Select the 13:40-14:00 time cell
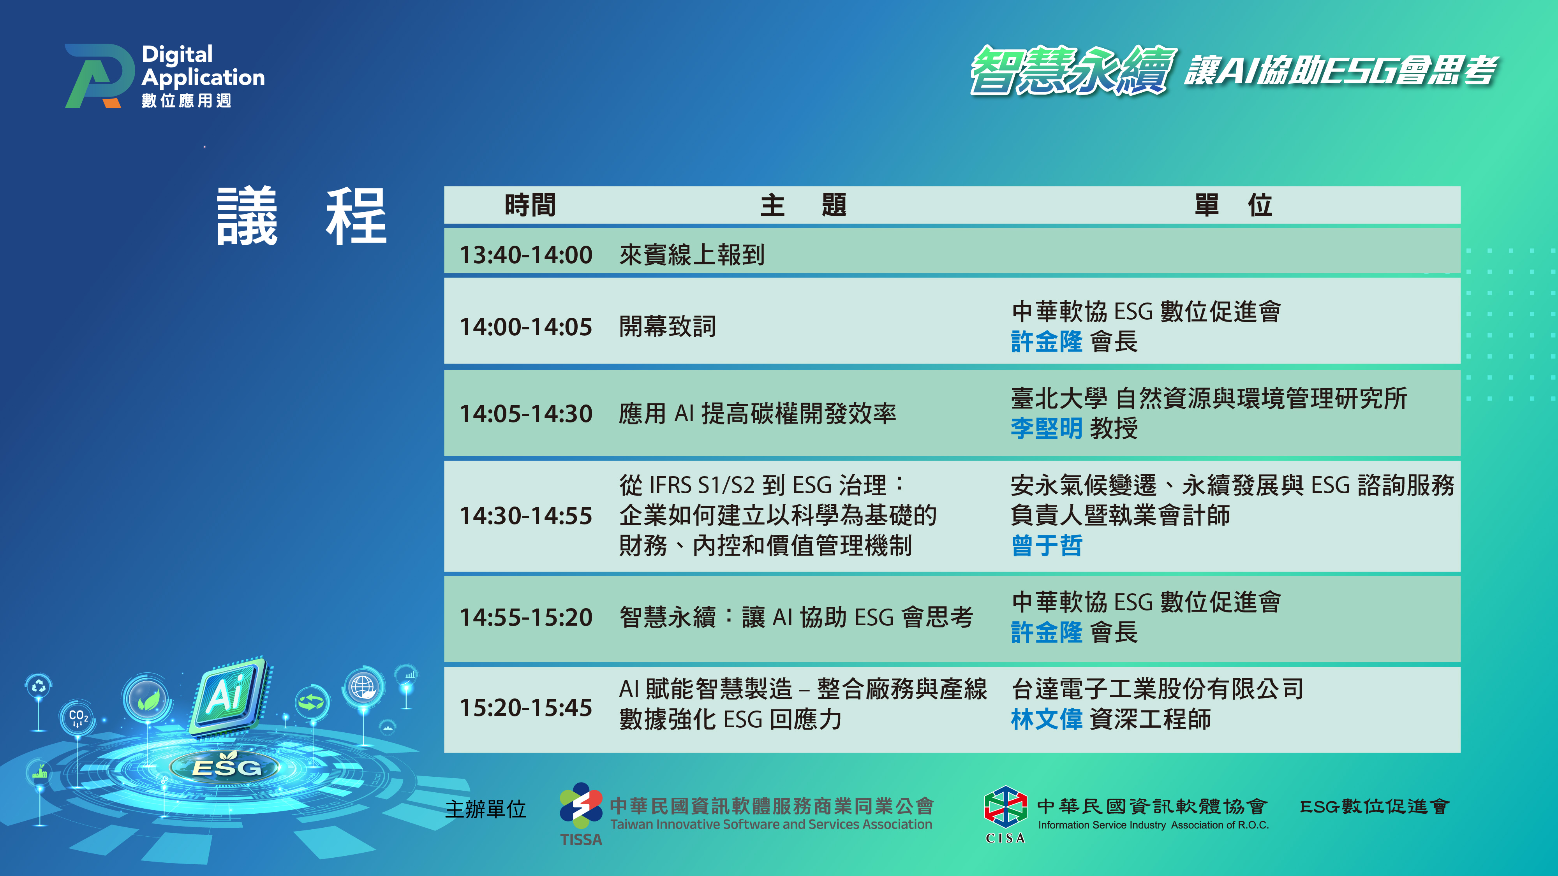(x=525, y=255)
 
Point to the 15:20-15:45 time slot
(x=525, y=708)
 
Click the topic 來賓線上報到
(x=692, y=255)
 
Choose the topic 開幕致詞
(x=667, y=327)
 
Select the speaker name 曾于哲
(x=1046, y=545)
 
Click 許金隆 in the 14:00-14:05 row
(x=1046, y=341)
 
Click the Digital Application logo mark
(x=100, y=76)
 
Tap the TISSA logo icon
(x=581, y=806)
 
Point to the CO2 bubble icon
(x=78, y=718)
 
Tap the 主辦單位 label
(x=486, y=809)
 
